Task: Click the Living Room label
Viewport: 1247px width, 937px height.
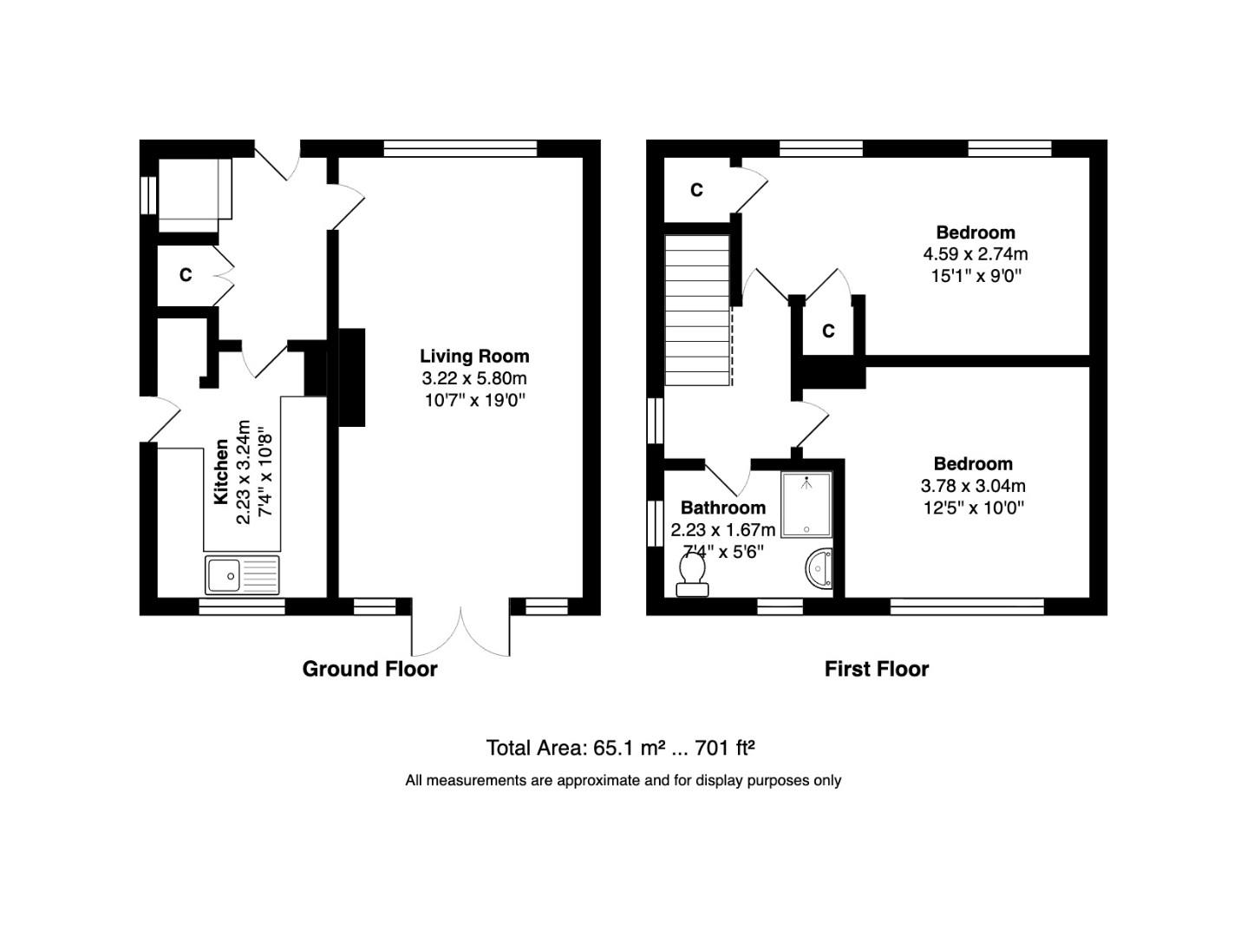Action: coord(474,356)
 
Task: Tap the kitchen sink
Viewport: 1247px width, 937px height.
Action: coord(243,574)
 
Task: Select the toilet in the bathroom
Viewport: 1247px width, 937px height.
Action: coord(692,575)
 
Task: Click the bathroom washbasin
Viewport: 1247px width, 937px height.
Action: coord(819,570)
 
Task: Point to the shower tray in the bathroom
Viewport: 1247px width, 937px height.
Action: coord(806,505)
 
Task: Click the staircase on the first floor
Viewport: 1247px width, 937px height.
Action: coord(697,310)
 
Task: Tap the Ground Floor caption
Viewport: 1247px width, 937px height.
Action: coord(369,669)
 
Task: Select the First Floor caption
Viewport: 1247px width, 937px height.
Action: coord(876,669)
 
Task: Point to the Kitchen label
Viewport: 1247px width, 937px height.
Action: coord(222,472)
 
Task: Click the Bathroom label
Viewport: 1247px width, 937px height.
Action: coord(722,508)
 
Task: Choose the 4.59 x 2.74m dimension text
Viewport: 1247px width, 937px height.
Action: coord(975,254)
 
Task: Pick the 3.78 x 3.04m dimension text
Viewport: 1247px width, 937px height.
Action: coord(973,486)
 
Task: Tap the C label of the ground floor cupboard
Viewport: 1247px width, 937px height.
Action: coord(185,275)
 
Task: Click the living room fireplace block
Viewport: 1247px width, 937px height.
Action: coord(351,377)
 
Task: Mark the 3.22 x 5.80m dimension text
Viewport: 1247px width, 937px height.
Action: coord(474,378)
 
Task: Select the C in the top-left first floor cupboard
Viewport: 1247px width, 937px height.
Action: coord(696,190)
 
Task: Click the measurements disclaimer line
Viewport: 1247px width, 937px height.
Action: coord(623,781)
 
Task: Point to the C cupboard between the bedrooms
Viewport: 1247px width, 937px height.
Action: coord(828,331)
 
